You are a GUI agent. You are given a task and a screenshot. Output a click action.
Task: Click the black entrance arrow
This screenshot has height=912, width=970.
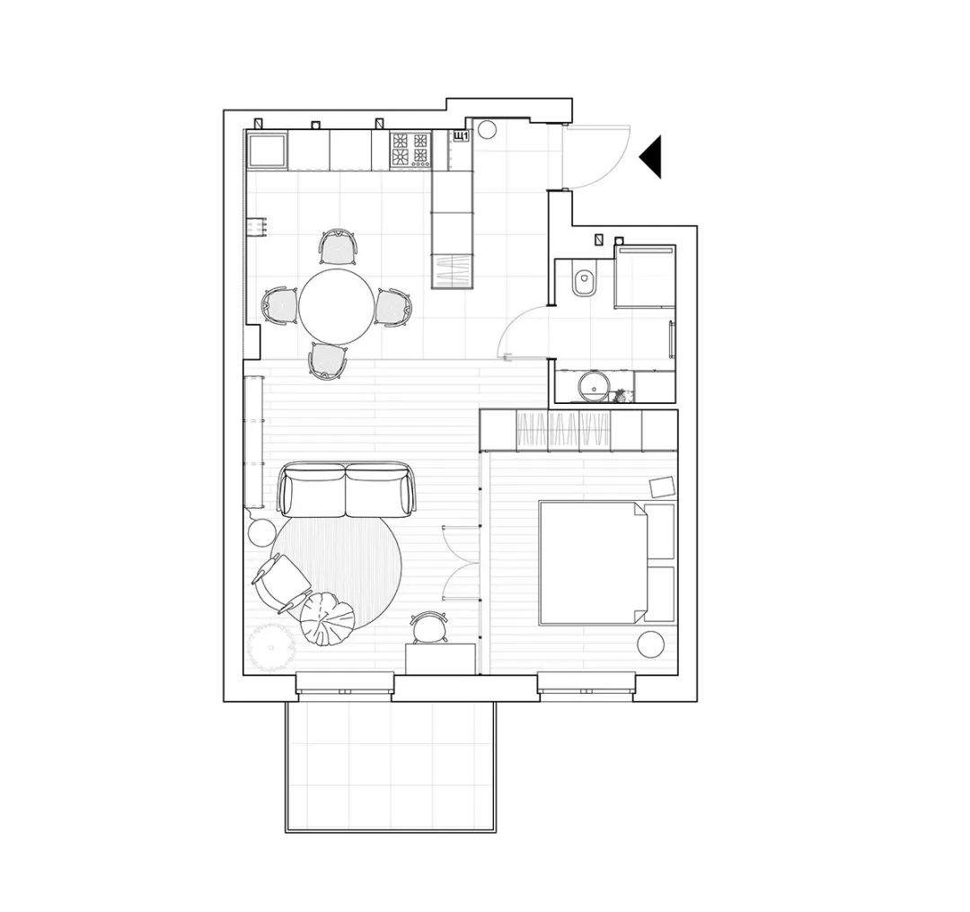653,157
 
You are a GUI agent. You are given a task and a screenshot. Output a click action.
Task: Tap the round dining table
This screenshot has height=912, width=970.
337,306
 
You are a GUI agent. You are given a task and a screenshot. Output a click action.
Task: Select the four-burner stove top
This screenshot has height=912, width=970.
410,151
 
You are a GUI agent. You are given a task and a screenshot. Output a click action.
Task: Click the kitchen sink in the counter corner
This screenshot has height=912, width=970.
268,151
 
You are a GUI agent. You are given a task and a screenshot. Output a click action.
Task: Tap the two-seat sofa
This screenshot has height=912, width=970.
346,490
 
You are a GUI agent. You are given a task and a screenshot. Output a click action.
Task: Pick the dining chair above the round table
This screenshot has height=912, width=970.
339,247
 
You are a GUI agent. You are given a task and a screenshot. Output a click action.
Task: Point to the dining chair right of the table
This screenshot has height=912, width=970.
393,307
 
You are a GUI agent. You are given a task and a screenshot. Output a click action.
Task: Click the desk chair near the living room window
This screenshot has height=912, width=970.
428,627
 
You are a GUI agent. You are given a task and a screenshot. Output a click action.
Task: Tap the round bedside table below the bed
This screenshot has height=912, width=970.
649,645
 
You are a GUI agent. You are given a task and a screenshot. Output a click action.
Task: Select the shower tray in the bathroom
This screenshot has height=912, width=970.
645,277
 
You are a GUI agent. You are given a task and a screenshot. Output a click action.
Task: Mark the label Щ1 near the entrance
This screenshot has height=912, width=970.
460,136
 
